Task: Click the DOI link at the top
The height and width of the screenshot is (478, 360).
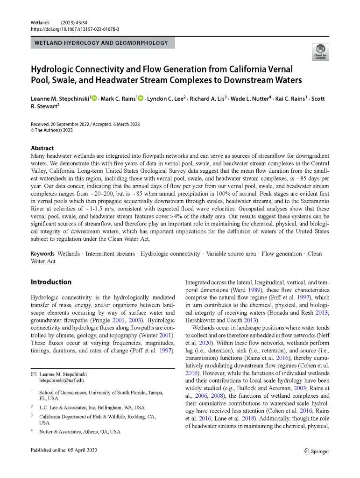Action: click(x=75, y=29)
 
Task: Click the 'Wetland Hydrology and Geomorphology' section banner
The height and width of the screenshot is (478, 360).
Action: click(x=103, y=43)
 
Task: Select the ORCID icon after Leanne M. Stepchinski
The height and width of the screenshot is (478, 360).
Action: click(x=94, y=98)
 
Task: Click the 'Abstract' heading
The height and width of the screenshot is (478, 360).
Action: click(x=42, y=148)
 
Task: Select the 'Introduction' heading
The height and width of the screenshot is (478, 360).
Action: click(x=51, y=282)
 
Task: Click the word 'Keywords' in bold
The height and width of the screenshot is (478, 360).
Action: click(x=43, y=253)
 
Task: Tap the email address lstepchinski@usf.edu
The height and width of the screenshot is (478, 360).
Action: click(x=61, y=380)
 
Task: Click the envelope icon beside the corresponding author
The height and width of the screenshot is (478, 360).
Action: click(x=33, y=374)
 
